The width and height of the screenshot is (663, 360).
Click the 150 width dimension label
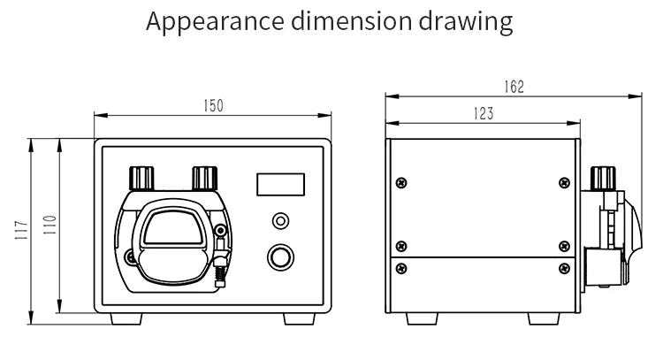point(213,106)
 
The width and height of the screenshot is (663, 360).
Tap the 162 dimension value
point(514,87)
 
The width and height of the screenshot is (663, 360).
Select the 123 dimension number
point(484,113)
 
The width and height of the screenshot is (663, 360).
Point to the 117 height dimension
point(21,230)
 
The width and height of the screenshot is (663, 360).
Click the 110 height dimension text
point(50,225)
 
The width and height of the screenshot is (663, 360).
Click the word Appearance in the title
point(215,21)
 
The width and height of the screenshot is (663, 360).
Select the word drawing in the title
point(466,21)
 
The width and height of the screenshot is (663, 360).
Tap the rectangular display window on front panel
point(280,185)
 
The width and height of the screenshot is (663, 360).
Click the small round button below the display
point(280,221)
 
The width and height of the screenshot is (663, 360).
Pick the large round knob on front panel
point(280,257)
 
